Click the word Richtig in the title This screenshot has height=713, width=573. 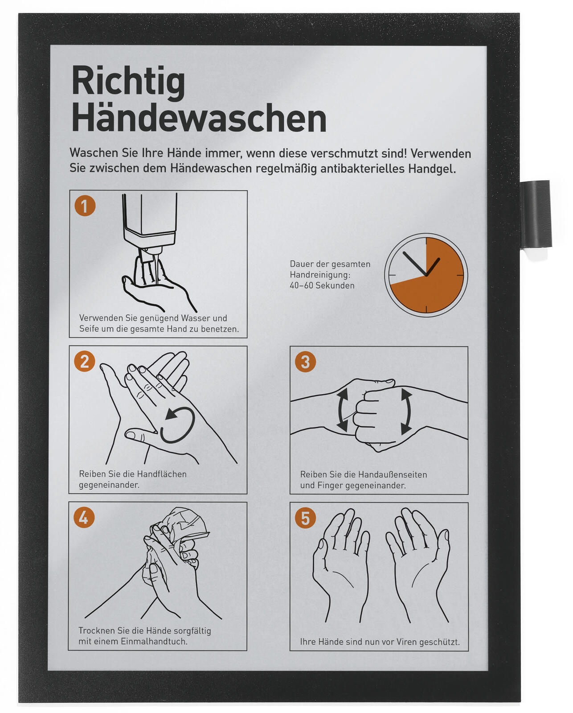128,83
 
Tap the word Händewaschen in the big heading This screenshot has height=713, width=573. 199,118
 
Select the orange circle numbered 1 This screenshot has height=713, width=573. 85,206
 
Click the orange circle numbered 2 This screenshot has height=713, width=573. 85,361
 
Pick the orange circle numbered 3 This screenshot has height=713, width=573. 305,362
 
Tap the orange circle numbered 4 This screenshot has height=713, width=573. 84,517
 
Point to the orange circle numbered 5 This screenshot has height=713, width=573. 305,518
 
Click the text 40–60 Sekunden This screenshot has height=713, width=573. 322,285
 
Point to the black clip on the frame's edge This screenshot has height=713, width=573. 535,214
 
